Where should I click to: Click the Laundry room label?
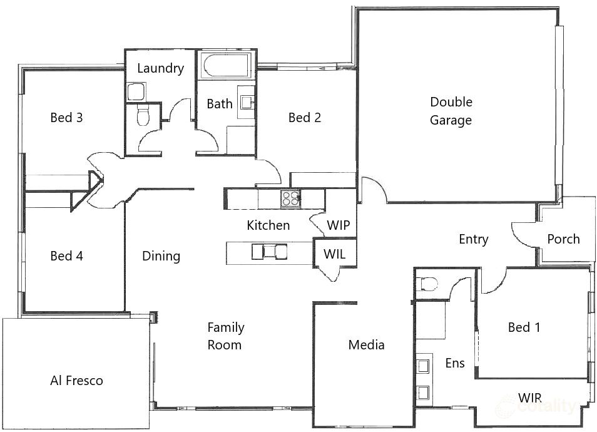[x=160, y=68]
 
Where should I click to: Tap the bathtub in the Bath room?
[x=225, y=65]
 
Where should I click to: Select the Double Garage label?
[x=451, y=111]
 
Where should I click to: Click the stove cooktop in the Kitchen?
[x=290, y=198]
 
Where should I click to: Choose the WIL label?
[x=334, y=254]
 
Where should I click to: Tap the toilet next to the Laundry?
[x=143, y=116]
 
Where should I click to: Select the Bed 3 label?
[x=66, y=117]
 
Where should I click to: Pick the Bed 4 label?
[x=66, y=255]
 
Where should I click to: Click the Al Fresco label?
[x=76, y=380]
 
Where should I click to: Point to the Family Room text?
[x=226, y=336]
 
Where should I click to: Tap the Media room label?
[x=366, y=344]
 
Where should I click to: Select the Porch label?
[x=563, y=239]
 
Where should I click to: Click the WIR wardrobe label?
[x=529, y=398]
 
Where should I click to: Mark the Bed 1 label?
[x=524, y=327]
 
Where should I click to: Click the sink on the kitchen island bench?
[x=270, y=252]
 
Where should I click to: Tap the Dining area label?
[x=161, y=255]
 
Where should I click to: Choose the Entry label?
[x=473, y=239]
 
